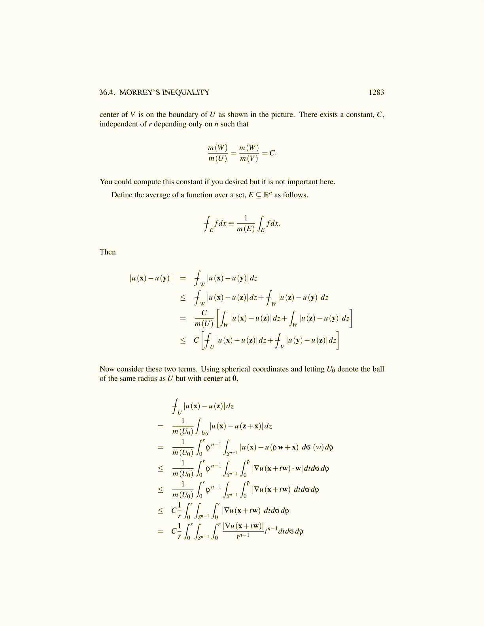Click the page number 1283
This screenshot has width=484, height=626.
click(x=376, y=92)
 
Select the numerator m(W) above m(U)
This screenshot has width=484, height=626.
click(x=217, y=148)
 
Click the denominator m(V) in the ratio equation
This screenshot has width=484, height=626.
click(x=249, y=158)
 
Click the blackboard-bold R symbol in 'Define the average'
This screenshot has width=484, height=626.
click(x=267, y=195)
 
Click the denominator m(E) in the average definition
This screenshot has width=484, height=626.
click(x=246, y=229)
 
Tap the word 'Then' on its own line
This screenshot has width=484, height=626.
click(x=108, y=252)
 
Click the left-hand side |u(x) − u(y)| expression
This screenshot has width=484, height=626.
click(x=151, y=278)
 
